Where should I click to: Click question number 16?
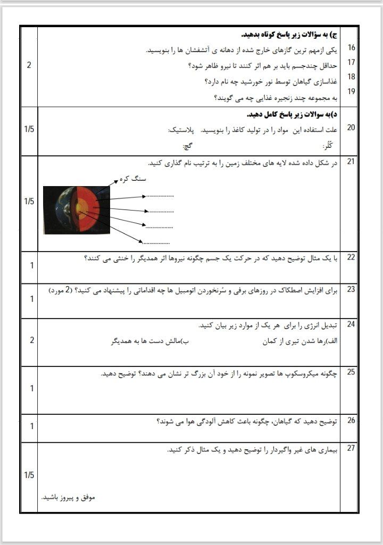[351, 48]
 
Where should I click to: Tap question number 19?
[351, 91]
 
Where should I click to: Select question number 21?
[351, 162]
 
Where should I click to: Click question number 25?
[351, 372]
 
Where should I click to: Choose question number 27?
[351, 448]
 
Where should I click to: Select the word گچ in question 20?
[187, 146]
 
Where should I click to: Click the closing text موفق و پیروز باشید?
[68, 498]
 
